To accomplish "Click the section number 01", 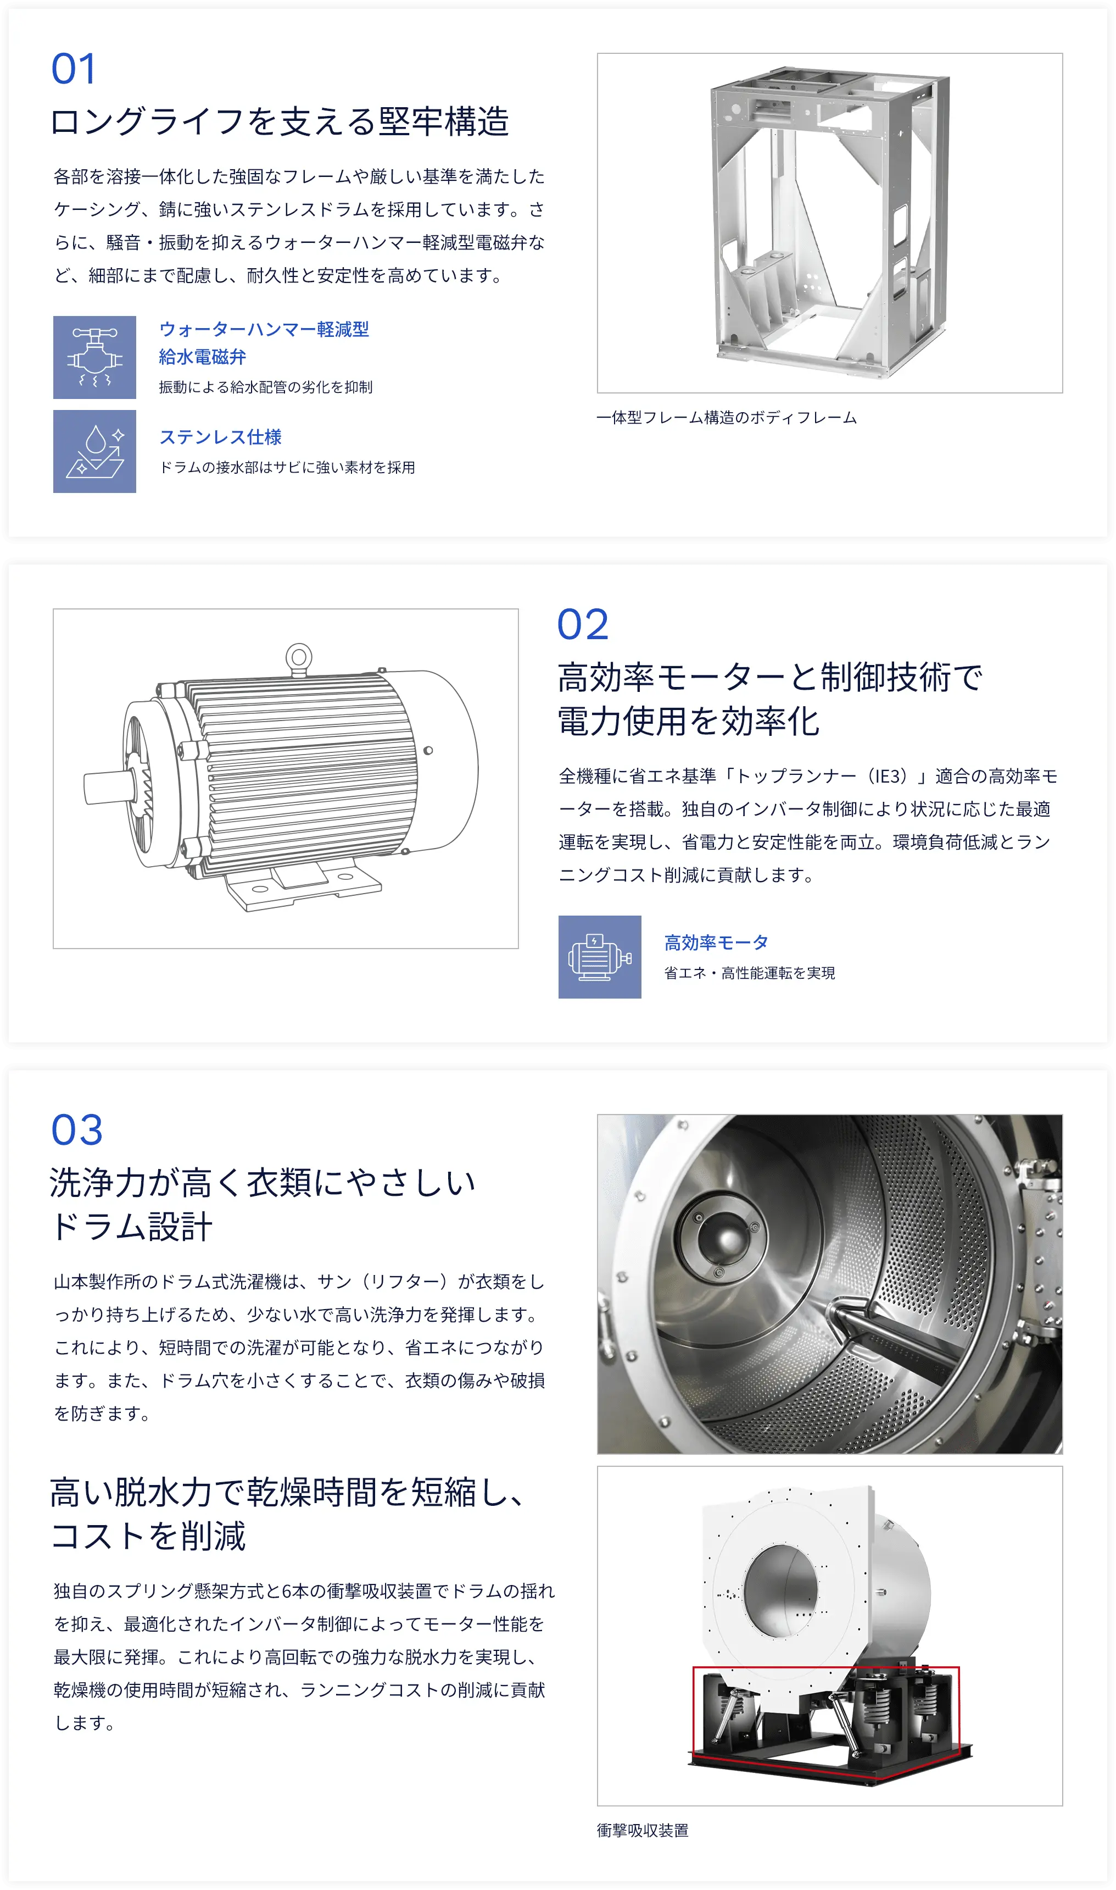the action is click(x=73, y=69).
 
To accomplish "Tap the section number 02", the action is click(x=583, y=625).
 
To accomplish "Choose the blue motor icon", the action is click(x=599, y=957).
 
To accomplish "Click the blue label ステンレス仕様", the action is click(x=220, y=437).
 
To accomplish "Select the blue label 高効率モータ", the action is click(x=716, y=943).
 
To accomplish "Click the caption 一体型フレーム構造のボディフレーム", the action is click(x=727, y=418).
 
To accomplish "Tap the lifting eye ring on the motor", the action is click(x=299, y=656).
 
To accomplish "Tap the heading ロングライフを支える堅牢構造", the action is click(x=280, y=122).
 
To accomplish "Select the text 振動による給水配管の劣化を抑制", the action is click(x=265, y=387).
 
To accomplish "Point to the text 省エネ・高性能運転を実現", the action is click(x=750, y=974).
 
